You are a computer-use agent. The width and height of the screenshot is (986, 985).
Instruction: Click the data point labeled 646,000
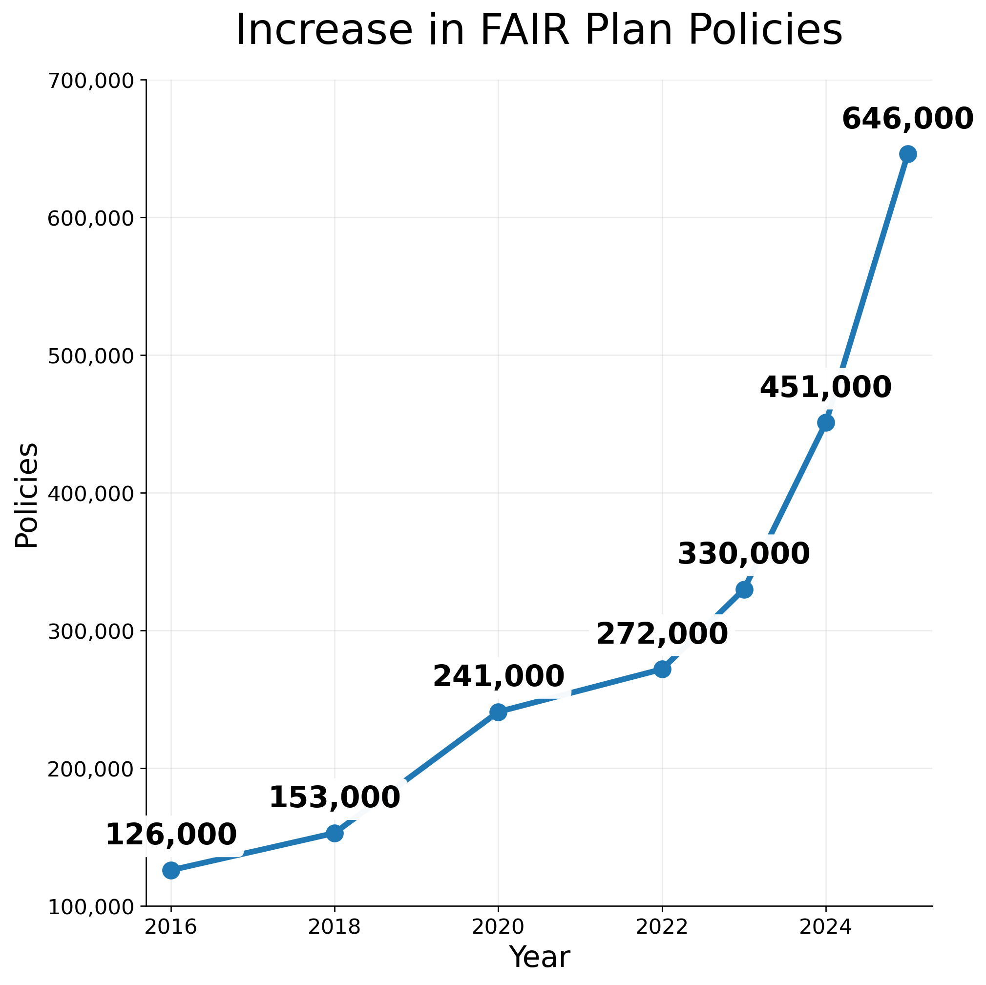[908, 154]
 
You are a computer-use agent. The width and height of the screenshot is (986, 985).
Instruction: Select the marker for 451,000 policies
[826, 422]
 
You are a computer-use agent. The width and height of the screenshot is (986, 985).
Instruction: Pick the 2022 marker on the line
[662, 669]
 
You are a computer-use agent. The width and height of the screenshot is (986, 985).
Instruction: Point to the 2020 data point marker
[498, 712]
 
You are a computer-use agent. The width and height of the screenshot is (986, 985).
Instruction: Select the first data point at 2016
[171, 870]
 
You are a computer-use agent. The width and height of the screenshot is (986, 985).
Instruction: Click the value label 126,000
[171, 835]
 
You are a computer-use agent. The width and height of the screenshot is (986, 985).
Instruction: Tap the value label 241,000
[498, 677]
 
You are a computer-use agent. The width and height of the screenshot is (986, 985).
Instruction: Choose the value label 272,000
[662, 634]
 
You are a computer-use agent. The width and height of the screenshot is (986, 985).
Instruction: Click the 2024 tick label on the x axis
[826, 927]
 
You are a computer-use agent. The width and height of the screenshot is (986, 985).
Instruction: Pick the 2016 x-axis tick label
[171, 927]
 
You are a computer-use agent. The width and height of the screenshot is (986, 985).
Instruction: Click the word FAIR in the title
[524, 31]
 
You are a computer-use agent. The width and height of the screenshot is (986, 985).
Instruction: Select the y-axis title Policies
[26, 495]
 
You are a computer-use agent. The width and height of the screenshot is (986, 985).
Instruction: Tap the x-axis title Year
[540, 958]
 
